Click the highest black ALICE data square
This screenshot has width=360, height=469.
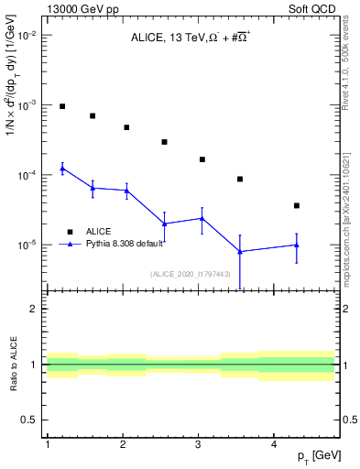[x=62, y=106]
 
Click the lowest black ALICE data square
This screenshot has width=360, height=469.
[x=297, y=205]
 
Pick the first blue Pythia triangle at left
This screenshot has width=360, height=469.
[x=62, y=169]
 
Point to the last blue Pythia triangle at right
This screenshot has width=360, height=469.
[x=297, y=245]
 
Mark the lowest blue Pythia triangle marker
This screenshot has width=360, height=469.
[x=240, y=251]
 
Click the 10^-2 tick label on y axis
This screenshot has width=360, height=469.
[x=24, y=35]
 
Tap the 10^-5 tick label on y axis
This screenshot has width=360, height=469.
[x=24, y=245]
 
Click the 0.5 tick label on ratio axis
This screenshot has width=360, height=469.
[x=29, y=420]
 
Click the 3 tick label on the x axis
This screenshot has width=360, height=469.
[x=198, y=444]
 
